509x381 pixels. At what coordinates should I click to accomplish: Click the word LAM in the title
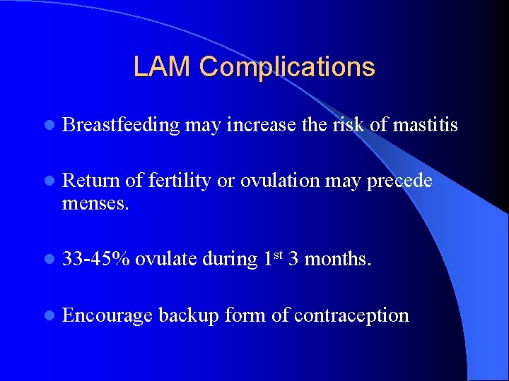163,67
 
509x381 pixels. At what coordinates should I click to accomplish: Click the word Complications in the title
287,68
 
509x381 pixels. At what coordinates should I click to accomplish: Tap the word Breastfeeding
121,126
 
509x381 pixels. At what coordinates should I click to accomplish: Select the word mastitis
426,126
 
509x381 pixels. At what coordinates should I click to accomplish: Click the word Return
91,181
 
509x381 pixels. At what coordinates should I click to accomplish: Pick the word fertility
179,181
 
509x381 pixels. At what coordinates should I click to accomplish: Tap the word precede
399,181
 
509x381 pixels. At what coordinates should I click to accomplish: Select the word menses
94,204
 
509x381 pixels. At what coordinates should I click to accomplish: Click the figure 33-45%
96,259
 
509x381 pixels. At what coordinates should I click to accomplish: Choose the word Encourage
107,315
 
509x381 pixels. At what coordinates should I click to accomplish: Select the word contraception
351,315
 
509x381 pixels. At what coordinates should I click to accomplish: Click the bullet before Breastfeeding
48,126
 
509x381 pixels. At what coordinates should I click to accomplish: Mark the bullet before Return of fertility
48,182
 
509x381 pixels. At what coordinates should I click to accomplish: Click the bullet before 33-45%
48,260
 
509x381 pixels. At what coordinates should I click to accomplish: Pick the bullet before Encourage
48,315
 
